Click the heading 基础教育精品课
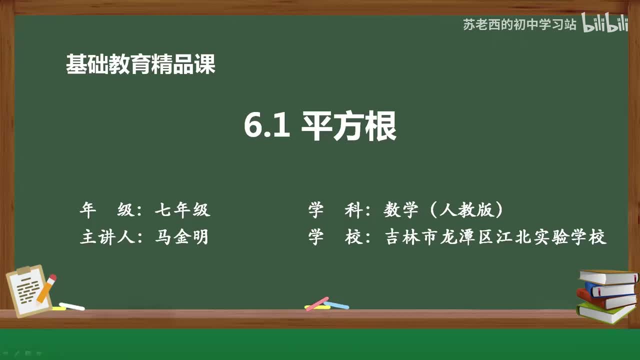(x=140, y=64)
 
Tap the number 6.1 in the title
(x=267, y=126)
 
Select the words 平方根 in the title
(x=348, y=126)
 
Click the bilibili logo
(x=604, y=25)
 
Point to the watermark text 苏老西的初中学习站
(x=519, y=25)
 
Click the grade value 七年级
(x=182, y=210)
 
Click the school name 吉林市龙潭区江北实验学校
(x=495, y=237)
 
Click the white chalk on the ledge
(x=71, y=306)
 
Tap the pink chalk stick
(x=317, y=303)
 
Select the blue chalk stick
(x=336, y=304)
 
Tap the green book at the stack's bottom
(x=605, y=312)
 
